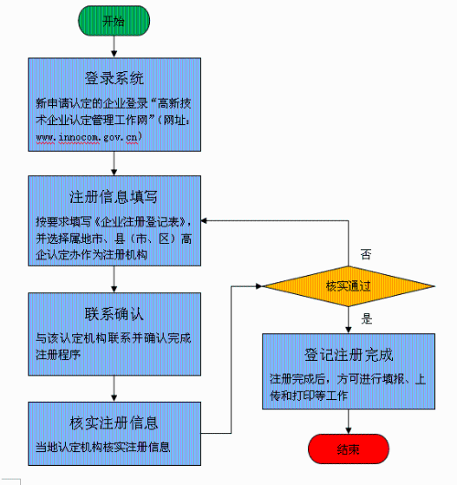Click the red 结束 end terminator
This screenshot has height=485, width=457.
pyautogui.click(x=347, y=448)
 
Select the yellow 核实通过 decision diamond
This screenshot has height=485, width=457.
pyautogui.click(x=347, y=286)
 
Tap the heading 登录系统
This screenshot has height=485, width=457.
pyautogui.click(x=113, y=78)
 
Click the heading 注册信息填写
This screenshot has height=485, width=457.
pyautogui.click(x=113, y=195)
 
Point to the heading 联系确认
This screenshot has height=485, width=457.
pyautogui.click(x=113, y=314)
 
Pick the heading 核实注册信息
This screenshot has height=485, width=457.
pyautogui.click(x=113, y=423)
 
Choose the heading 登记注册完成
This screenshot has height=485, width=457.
pyautogui.click(x=347, y=355)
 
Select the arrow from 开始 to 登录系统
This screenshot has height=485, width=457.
pyautogui.click(x=112, y=46)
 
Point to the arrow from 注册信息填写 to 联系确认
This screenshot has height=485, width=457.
pyautogui.click(x=112, y=279)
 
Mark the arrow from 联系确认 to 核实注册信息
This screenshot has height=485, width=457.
pyautogui.click(x=112, y=389)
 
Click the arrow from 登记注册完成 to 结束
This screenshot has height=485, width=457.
pyautogui.click(x=347, y=419)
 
